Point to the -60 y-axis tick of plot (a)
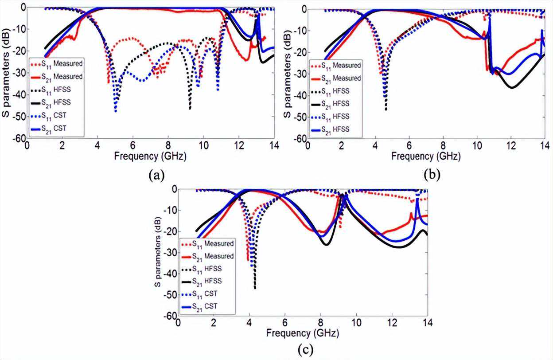pyautogui.click(x=19, y=138)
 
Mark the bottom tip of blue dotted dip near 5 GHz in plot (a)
pyautogui.click(x=116, y=111)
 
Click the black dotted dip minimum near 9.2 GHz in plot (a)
pyautogui.click(x=190, y=109)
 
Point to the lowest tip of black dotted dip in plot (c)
pyautogui.click(x=255, y=289)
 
